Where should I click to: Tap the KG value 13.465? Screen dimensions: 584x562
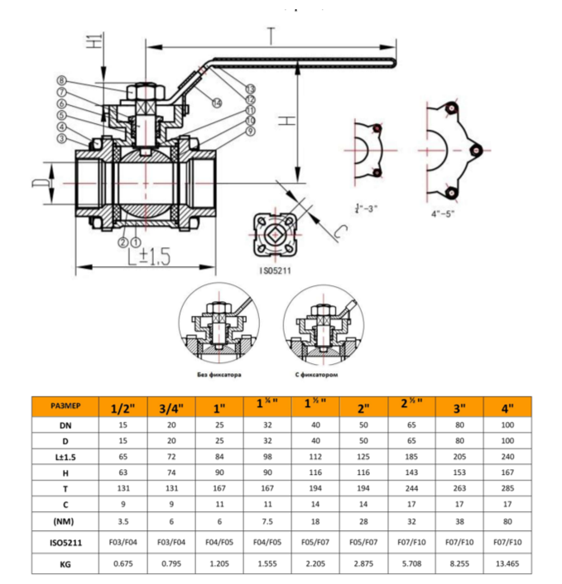click(x=507, y=565)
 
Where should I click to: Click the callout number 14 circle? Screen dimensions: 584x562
click(x=216, y=103)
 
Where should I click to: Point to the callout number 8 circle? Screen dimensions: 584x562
click(x=62, y=80)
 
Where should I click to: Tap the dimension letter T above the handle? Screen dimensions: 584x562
click(x=271, y=34)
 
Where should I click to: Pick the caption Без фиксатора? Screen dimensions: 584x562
click(x=217, y=375)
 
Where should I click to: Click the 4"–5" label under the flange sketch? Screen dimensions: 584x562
click(x=447, y=212)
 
